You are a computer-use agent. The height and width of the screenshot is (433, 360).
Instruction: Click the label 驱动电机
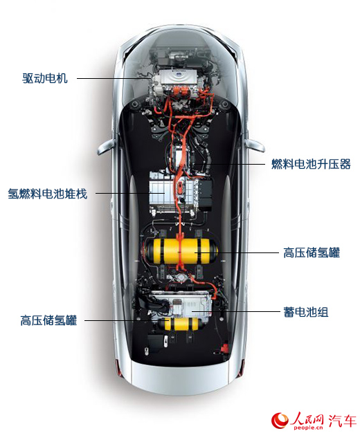pyautogui.click(x=45, y=78)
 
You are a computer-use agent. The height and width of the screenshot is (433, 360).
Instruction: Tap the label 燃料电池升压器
pyautogui.click(x=311, y=164)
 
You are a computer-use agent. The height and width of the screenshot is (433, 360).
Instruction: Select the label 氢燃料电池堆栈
pyautogui.click(x=48, y=193)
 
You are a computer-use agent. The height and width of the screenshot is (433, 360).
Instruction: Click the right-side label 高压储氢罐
pyautogui.click(x=312, y=252)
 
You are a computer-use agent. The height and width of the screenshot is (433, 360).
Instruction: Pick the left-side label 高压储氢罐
pyautogui.click(x=48, y=320)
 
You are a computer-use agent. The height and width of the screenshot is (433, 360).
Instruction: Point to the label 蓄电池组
pyautogui.click(x=306, y=312)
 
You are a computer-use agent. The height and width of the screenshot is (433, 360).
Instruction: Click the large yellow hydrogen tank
pyautogui.click(x=181, y=251)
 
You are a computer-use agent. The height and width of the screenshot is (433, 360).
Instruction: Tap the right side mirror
pyautogui.click(x=255, y=145)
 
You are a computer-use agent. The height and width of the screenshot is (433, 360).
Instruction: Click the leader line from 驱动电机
pyautogui.click(x=114, y=78)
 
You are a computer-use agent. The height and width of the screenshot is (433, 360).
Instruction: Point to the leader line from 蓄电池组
pyautogui.click(x=236, y=312)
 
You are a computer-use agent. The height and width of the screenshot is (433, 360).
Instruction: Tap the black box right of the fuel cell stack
pyautogui.click(x=205, y=193)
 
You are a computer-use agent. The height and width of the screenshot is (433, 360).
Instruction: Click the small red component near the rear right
pyautogui.click(x=224, y=349)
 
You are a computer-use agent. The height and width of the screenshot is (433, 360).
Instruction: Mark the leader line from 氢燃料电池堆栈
pyautogui.click(x=130, y=193)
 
